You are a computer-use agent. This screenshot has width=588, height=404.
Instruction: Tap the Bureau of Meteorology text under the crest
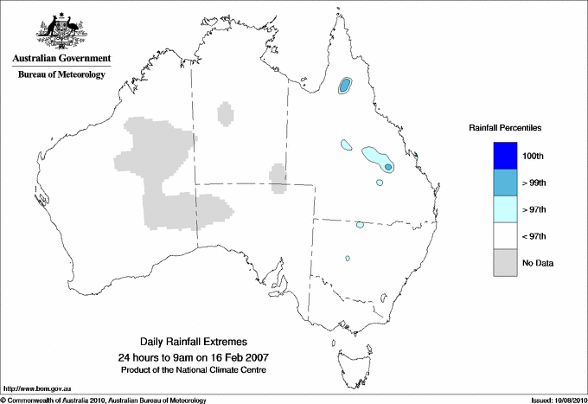61,74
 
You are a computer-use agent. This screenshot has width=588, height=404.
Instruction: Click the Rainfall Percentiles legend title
505,128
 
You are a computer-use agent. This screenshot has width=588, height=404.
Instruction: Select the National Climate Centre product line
200,369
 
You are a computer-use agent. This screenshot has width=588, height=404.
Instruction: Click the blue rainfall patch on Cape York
346,85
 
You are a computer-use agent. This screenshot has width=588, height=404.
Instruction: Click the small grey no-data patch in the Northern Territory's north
227,113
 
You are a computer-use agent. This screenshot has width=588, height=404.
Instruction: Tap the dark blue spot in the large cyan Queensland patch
388,167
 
